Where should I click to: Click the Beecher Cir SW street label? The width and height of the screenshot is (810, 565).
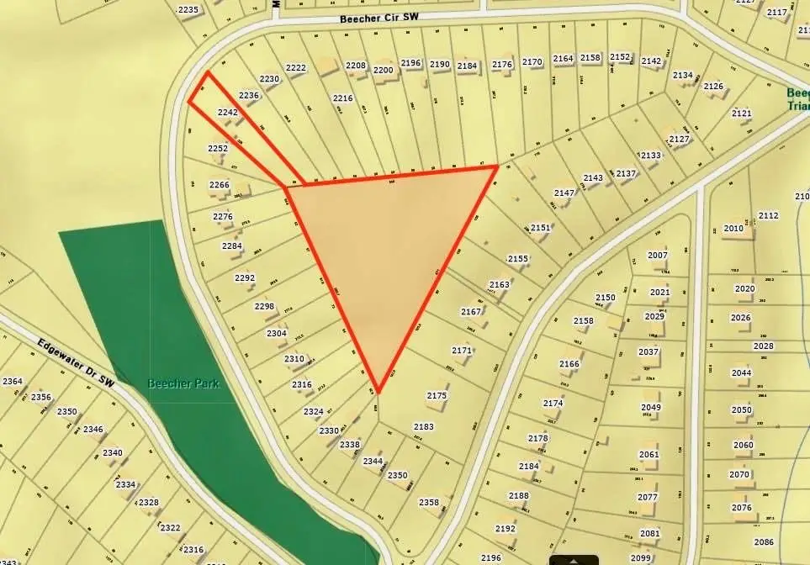coord(379,17)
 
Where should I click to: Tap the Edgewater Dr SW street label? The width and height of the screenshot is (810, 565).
coord(75,364)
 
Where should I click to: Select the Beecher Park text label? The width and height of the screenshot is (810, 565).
coord(183,383)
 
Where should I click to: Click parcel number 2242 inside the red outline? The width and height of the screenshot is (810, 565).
coord(228,112)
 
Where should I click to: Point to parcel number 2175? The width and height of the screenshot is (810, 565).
coord(437,395)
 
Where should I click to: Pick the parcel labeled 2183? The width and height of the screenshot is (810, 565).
coord(423,426)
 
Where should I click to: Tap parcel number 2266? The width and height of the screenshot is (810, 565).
coord(220,185)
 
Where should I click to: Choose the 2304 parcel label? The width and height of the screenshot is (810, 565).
coord(277,333)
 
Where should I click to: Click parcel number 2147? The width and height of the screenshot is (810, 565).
coord(564,193)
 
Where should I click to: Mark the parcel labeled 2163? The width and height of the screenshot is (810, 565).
coord(499,284)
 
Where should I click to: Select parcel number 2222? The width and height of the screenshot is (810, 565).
coord(295,68)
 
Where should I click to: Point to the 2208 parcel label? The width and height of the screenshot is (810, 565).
coord(356,65)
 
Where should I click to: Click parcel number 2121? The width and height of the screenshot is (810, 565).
coord(741,113)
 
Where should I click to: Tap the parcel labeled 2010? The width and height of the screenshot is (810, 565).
coord(733,228)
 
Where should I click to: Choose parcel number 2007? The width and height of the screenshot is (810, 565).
coord(657,255)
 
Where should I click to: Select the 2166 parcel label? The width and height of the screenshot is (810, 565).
coord(569,364)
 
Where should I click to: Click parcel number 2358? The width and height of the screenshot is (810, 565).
coord(429,502)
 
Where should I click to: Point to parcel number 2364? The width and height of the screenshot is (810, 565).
coord(12,381)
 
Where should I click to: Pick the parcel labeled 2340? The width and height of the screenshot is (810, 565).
coord(113,452)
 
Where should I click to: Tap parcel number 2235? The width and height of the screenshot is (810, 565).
coord(188,10)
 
